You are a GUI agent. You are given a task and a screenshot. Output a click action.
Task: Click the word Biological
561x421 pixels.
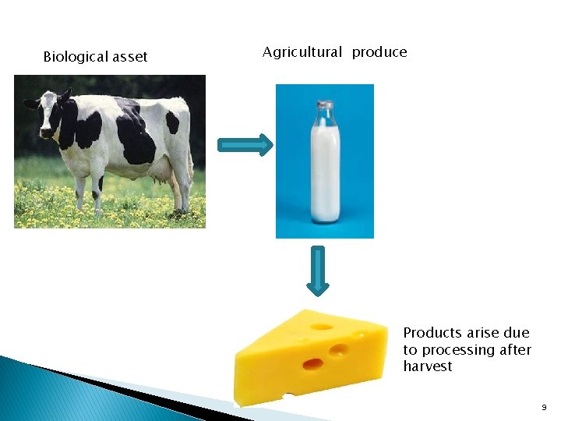pos(76,57)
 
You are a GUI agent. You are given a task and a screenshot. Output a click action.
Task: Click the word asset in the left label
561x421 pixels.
pos(130,57)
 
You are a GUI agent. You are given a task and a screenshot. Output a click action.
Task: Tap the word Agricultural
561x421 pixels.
pos(302,52)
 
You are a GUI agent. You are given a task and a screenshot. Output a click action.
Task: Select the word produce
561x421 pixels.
pos(379,53)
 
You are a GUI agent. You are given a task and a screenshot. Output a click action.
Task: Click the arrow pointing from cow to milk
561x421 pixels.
pos(245,145)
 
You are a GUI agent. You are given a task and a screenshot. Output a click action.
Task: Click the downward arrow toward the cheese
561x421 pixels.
pos(318,271)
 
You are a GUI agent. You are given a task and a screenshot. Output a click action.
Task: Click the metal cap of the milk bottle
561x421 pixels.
pos(325,105)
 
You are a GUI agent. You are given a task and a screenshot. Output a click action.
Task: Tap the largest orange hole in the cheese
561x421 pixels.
pos(312,363)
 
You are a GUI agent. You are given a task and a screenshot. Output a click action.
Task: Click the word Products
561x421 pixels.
pos(432,333)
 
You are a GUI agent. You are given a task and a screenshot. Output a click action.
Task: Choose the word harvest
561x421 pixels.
pos(428,366)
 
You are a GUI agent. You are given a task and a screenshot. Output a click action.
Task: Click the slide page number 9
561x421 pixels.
pos(544,408)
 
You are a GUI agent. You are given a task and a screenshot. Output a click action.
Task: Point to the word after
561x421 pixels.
pos(515,350)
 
